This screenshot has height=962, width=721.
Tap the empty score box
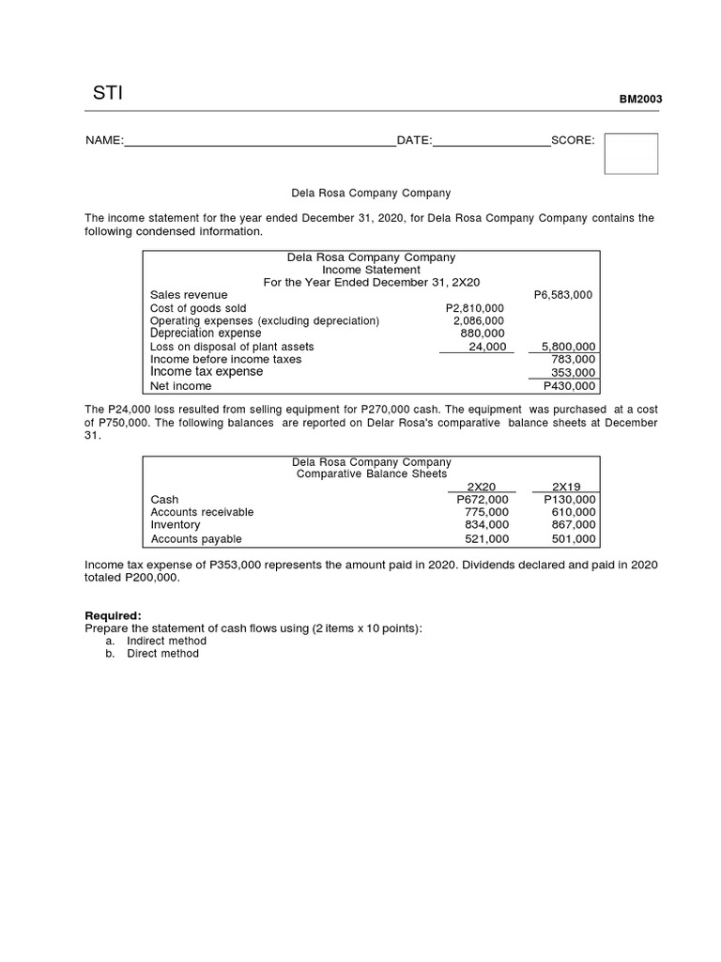point(630,153)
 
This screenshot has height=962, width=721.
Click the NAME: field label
point(104,141)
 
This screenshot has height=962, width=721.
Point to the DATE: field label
point(414,141)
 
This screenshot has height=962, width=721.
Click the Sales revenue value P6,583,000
point(562,295)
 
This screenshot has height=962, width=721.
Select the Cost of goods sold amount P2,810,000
point(474,308)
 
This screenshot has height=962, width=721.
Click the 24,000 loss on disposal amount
point(486,347)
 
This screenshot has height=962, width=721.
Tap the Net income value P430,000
point(569,386)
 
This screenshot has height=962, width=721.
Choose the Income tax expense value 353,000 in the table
point(572,372)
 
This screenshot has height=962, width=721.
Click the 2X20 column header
point(481,487)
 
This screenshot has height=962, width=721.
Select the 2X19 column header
point(566,487)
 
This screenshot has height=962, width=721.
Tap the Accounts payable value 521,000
point(486,539)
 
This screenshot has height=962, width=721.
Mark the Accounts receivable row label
point(202,512)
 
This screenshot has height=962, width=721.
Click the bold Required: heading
point(113,615)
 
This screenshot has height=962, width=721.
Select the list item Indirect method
point(166,641)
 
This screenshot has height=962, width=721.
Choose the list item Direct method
point(162,654)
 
